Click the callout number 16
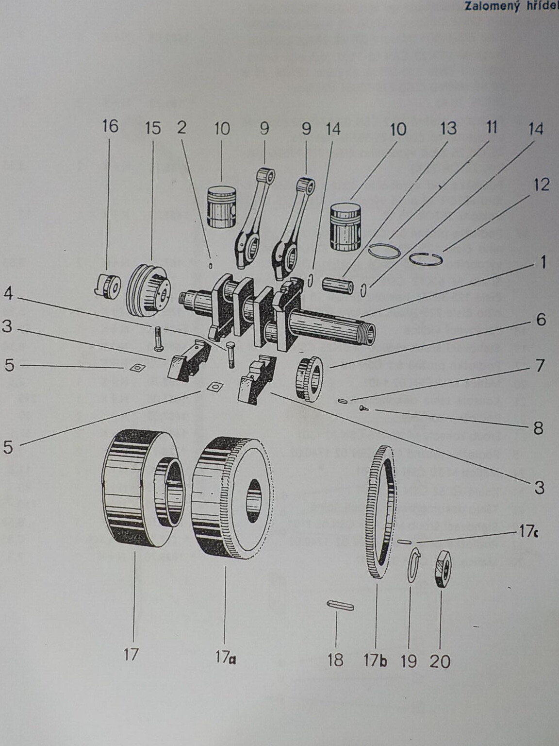click(110, 127)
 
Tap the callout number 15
click(152, 128)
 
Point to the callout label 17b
click(376, 661)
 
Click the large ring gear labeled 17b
click(379, 510)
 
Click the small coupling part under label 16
click(107, 288)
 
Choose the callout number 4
click(8, 295)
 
